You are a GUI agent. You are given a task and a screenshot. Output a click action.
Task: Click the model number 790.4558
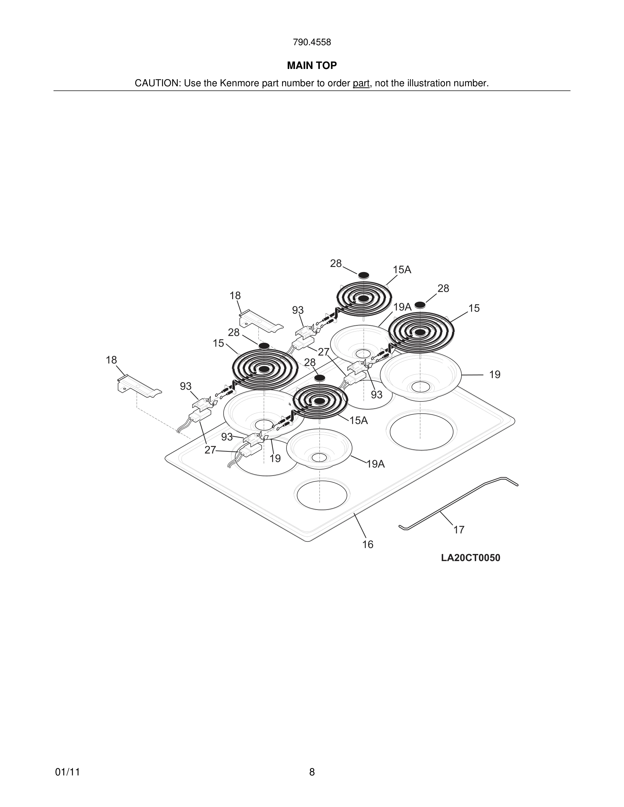[x=312, y=42]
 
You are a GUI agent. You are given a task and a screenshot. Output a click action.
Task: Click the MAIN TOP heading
[x=312, y=66]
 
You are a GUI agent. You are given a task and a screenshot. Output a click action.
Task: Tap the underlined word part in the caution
[x=361, y=84]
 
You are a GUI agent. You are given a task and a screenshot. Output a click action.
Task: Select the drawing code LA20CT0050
[x=470, y=558]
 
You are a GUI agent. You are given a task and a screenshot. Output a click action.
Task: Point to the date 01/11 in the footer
[x=67, y=772]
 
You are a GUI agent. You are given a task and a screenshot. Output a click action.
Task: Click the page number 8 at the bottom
[x=312, y=772]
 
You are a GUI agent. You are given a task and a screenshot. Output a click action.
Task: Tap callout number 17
[x=458, y=530]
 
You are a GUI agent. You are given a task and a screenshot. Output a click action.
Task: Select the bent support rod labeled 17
[x=458, y=503]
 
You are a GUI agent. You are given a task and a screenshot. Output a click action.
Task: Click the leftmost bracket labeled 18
[x=139, y=386]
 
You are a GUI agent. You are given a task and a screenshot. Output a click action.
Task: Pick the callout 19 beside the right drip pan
[x=495, y=375]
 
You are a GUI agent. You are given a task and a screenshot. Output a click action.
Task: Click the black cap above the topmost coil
[x=363, y=275]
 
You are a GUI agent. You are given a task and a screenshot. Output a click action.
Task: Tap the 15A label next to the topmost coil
[x=402, y=270]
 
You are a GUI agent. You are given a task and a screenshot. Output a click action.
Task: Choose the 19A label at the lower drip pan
[x=376, y=464]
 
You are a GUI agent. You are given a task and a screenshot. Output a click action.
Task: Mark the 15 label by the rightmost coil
[x=474, y=308]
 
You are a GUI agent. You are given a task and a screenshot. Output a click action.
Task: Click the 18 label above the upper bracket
[x=235, y=295]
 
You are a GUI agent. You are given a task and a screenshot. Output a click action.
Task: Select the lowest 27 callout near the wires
[x=210, y=450]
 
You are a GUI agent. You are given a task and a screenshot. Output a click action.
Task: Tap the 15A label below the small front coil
[x=359, y=420]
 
